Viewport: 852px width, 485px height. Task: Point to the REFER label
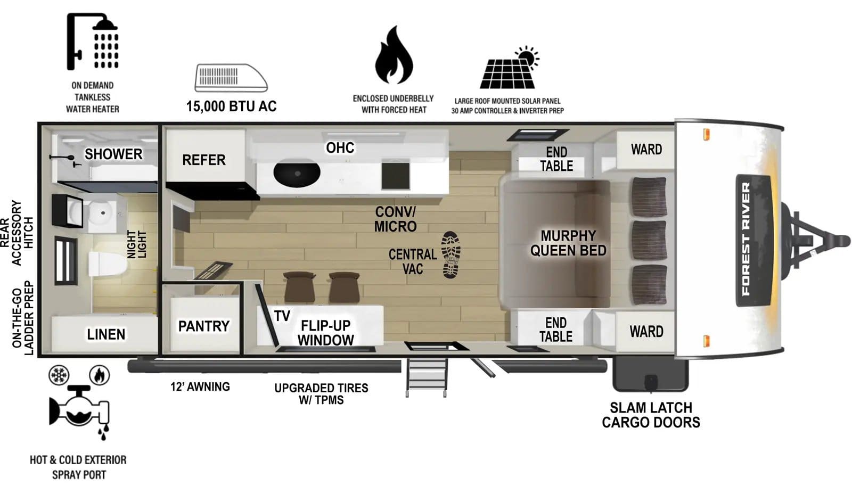click(203, 160)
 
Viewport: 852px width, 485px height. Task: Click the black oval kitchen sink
click(297, 173)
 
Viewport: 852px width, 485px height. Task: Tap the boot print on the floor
click(451, 254)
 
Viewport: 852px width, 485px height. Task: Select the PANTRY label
click(203, 326)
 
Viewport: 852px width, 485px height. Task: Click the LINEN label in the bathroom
click(106, 334)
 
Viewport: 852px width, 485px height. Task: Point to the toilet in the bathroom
click(105, 264)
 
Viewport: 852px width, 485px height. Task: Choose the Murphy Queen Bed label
click(568, 243)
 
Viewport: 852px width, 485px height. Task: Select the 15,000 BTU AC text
click(231, 106)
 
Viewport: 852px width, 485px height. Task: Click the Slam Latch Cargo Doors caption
click(651, 415)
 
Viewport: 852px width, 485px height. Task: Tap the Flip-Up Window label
click(325, 333)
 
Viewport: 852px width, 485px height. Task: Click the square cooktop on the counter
click(396, 176)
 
